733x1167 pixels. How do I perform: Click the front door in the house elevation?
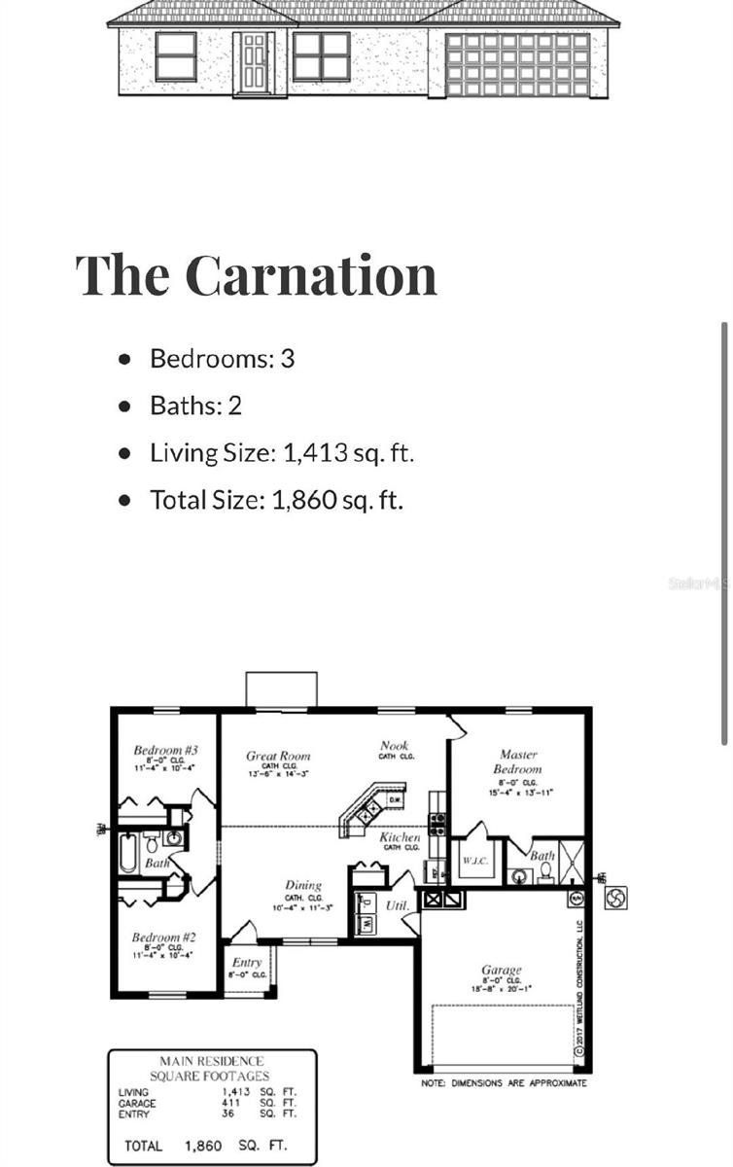[x=254, y=61]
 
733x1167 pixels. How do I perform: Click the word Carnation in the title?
[x=310, y=274]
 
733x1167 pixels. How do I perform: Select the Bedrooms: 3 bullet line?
[x=222, y=358]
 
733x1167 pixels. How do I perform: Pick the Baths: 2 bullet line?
[x=195, y=405]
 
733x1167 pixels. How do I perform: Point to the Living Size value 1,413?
[x=315, y=452]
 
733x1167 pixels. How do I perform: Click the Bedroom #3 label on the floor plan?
[x=166, y=750]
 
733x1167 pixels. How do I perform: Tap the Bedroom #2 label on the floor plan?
[x=164, y=937]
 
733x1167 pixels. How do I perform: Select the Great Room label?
[x=278, y=756]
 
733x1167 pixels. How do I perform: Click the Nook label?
[x=394, y=746]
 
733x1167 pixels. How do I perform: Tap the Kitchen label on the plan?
[x=400, y=836]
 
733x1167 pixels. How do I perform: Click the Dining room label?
[x=303, y=885]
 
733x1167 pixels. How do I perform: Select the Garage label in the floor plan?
[x=502, y=970]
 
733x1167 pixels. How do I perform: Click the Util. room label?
[x=397, y=905]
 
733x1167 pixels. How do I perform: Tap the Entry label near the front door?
[x=248, y=963]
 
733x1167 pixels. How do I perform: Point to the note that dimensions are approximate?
[x=504, y=1082]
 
